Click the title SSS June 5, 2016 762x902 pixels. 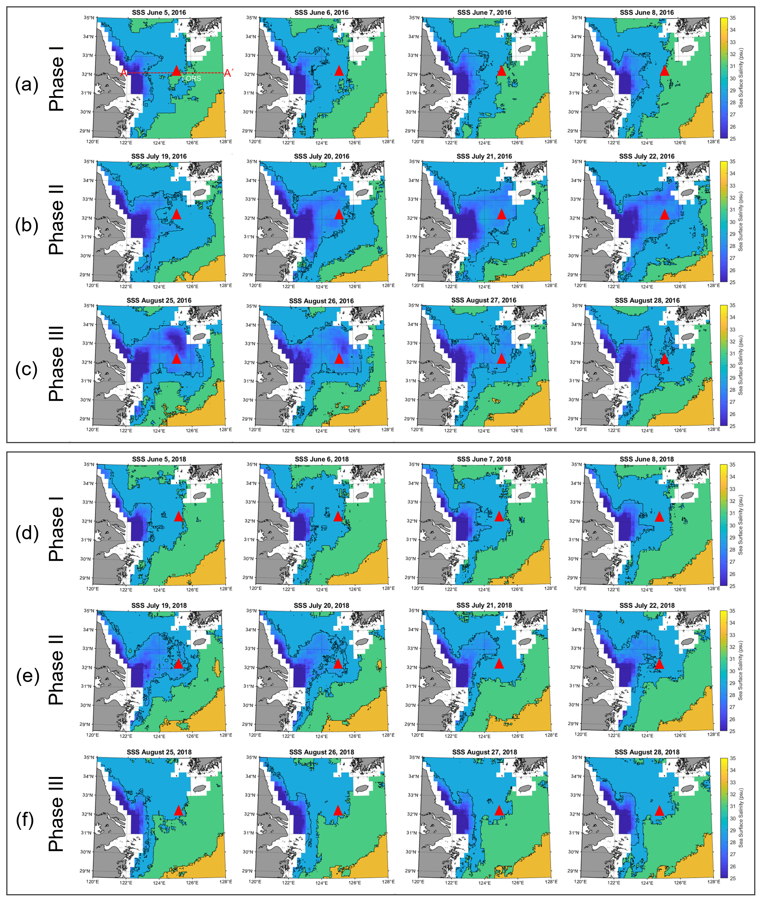(159, 13)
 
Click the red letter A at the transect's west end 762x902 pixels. (123, 73)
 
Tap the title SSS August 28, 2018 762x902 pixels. (647, 752)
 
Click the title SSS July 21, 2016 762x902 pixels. (484, 156)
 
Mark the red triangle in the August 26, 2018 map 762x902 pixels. (338, 811)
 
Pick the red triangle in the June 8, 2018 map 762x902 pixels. (659, 516)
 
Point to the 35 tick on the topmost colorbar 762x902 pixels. (733, 18)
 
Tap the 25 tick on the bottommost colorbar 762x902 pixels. (733, 878)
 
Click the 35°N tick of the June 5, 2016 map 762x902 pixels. (89, 18)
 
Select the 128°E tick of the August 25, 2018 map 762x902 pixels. (225, 882)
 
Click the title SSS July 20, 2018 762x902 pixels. (321, 606)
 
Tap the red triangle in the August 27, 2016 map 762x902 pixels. (501, 358)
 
